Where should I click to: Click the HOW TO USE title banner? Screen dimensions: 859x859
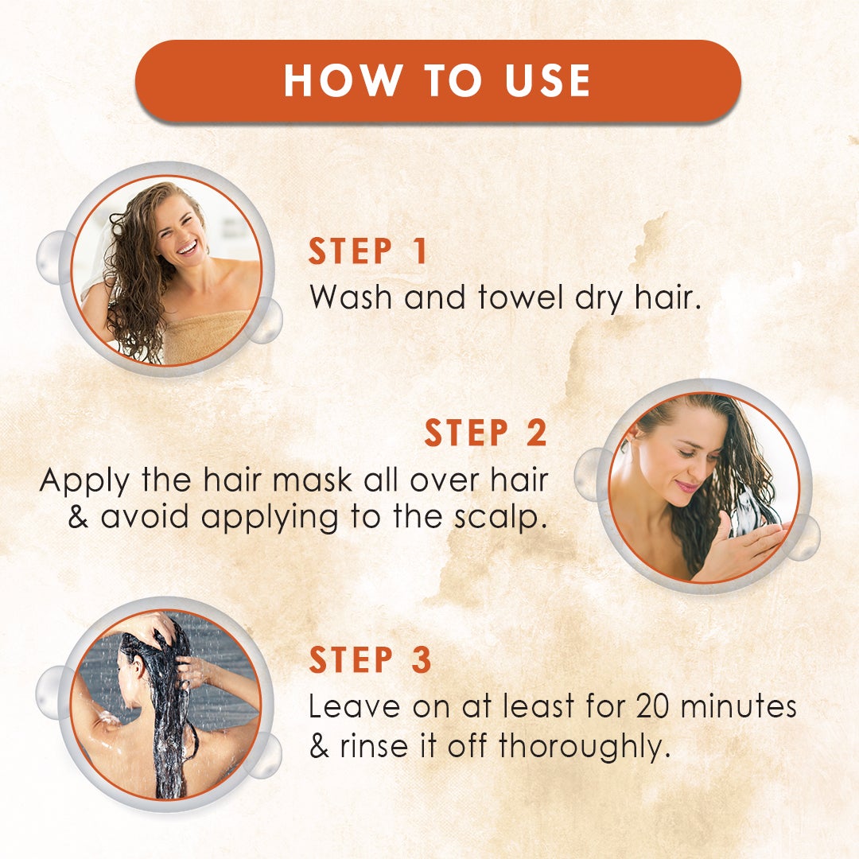coord(437,80)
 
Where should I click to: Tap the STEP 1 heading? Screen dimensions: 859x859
coord(368,251)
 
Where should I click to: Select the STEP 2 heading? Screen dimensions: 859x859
coord(485,433)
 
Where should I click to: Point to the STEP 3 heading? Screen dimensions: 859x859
coord(370,661)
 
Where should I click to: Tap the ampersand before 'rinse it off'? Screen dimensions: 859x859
coord(319,748)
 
